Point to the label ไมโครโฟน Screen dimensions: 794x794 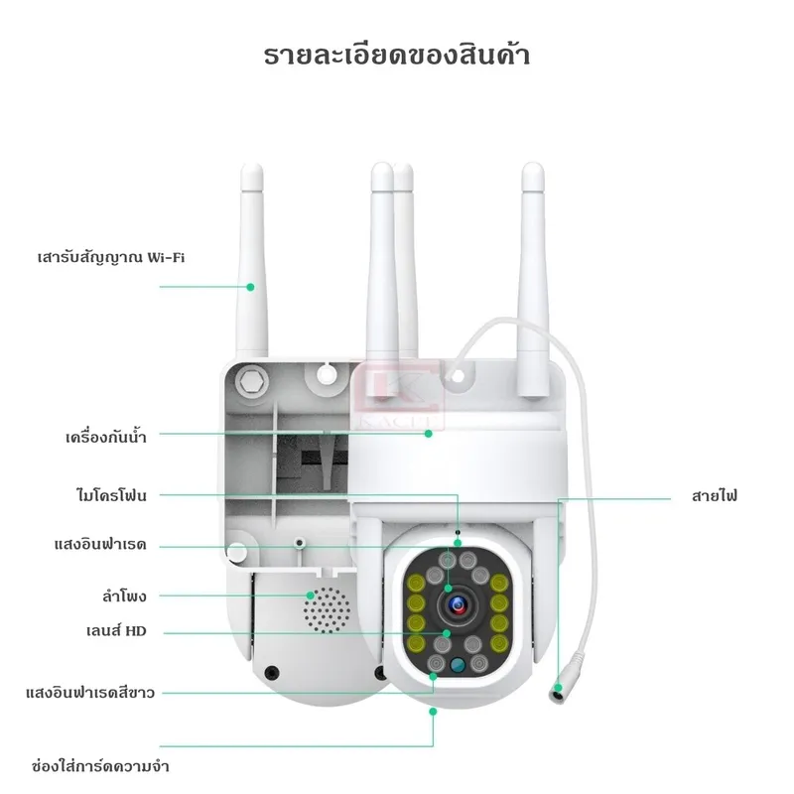tap(111, 493)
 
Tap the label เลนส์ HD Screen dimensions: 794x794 tap(116, 629)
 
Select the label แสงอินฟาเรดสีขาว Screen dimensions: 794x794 tap(90, 692)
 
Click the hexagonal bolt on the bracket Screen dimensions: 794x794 tap(251, 379)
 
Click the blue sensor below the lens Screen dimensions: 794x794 tap(458, 668)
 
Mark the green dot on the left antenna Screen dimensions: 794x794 tap(251, 287)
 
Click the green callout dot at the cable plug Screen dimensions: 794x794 tap(562, 673)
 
